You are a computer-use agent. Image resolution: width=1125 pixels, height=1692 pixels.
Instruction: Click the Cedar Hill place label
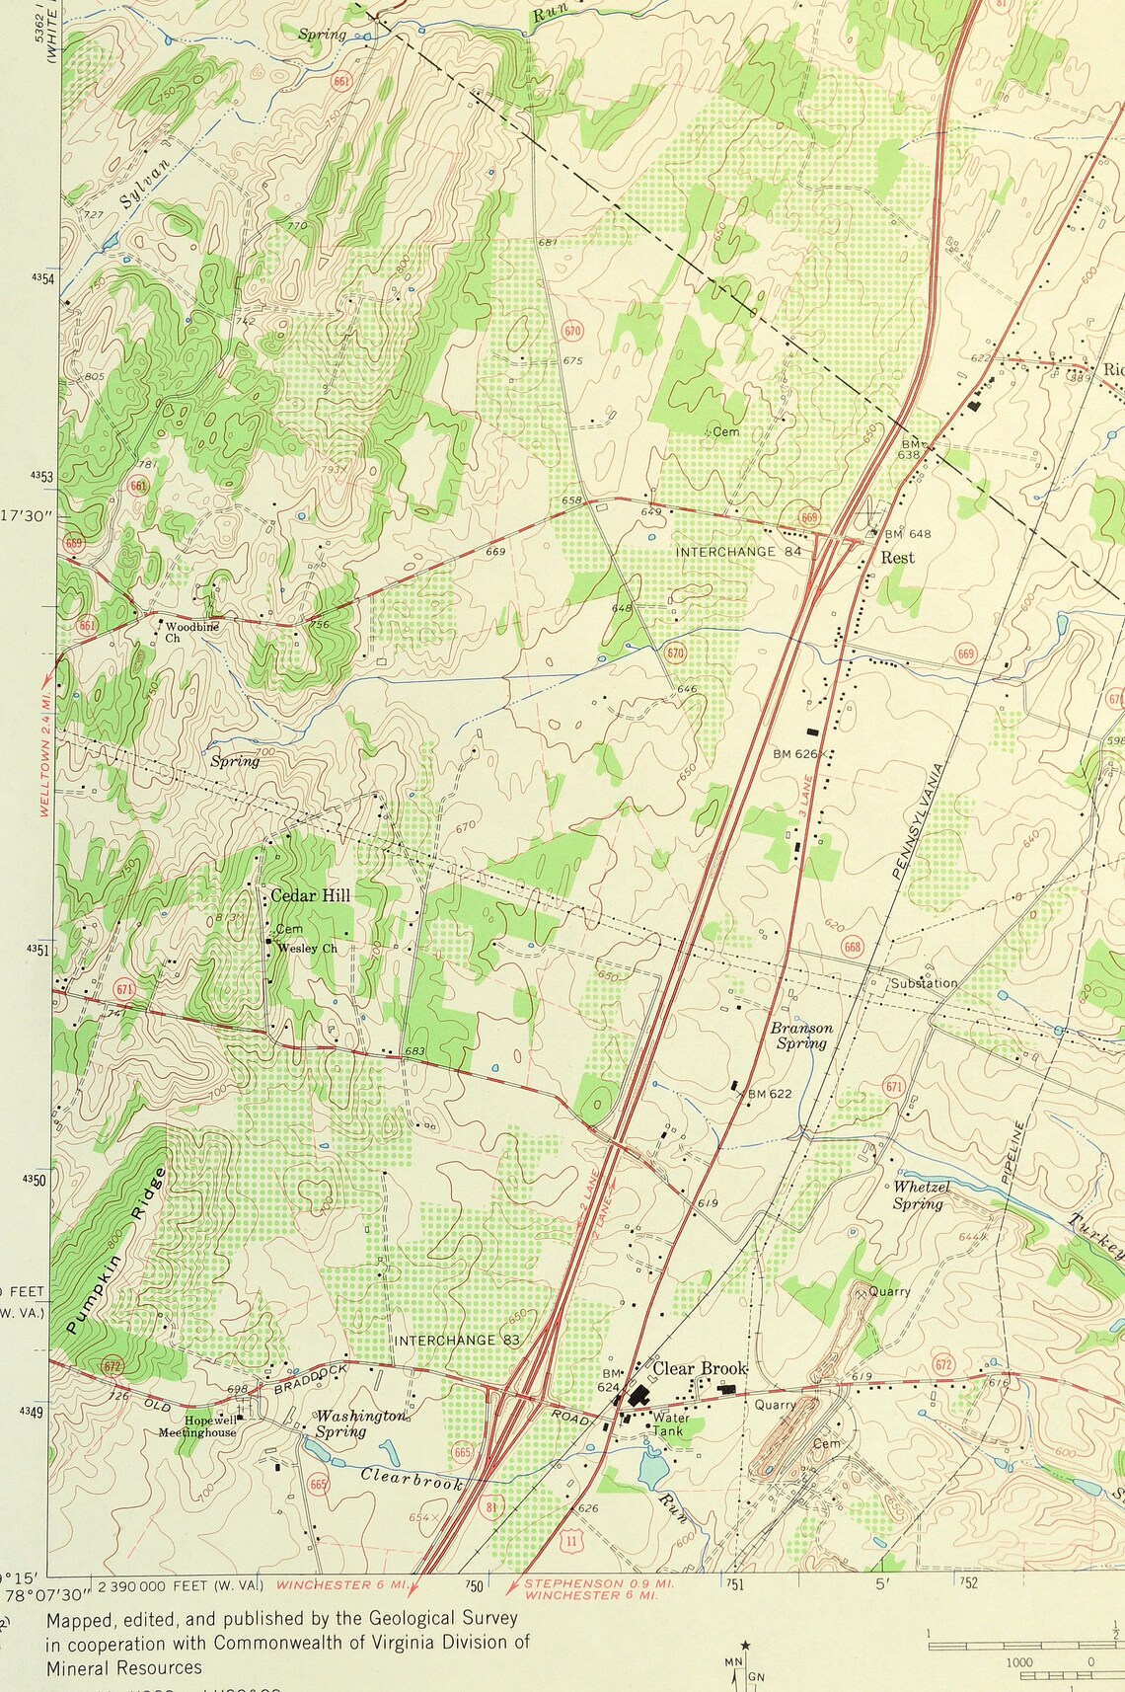coord(310,895)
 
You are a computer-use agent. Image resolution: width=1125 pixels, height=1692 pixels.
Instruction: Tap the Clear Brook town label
coord(699,1368)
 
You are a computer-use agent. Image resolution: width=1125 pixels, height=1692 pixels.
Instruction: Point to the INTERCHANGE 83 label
coord(457,1340)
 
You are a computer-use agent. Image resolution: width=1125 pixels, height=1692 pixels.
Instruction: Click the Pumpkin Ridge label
coord(116,1251)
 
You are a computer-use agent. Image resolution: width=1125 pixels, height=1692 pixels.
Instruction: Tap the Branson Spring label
coord(801,1035)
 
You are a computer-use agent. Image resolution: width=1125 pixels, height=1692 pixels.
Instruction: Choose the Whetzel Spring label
coord(921,1194)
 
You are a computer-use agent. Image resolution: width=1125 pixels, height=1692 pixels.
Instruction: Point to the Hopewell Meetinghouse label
coord(197,1425)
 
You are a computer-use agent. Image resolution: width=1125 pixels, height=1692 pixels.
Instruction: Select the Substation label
coord(924,982)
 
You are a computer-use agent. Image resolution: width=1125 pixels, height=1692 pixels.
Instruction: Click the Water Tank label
coord(671,1423)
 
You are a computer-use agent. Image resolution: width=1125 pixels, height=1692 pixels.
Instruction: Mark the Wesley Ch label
coord(306,949)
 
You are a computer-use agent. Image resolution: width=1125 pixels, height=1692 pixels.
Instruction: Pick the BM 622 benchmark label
coord(769,1093)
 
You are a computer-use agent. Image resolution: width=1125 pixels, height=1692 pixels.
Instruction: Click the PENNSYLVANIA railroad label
coord(918,820)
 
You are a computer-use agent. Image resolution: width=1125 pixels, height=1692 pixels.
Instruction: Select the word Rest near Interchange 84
coord(897,558)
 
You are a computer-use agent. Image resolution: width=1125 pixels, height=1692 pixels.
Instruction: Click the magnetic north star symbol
coord(745,1645)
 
